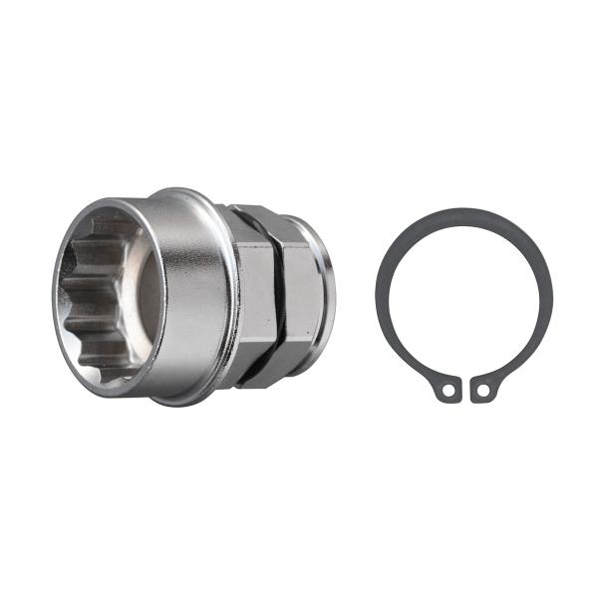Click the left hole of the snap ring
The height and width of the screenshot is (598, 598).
click(x=448, y=390)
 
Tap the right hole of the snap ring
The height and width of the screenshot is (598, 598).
click(x=482, y=390)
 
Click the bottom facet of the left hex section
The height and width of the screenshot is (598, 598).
click(x=254, y=374)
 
